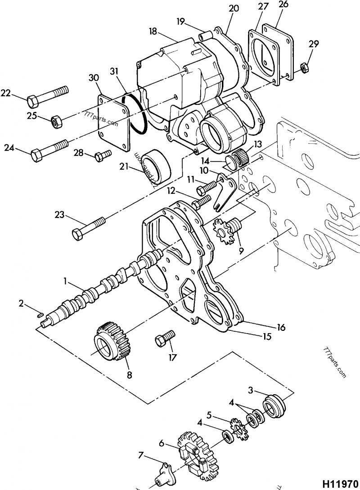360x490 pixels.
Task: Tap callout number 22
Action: tap(5, 93)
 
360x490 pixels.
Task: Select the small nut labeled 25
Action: tap(55, 120)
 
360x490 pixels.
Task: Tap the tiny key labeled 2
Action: tap(39, 315)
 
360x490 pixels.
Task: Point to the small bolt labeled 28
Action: tap(103, 156)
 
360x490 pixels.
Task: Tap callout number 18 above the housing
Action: tap(153, 31)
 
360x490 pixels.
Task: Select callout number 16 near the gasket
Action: tap(281, 328)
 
